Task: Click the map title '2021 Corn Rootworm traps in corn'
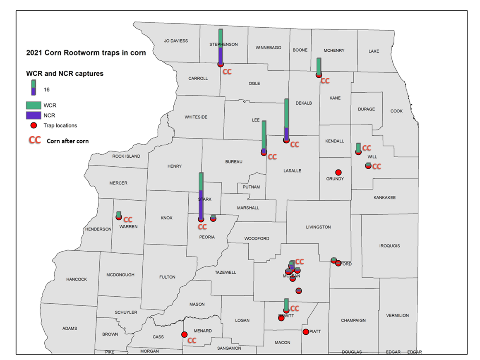click(86, 53)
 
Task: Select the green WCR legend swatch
click(34, 106)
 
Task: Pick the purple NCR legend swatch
click(34, 115)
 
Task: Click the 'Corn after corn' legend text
click(67, 141)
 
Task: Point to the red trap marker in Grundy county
click(338, 172)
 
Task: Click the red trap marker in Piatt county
click(306, 331)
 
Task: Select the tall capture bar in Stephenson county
click(221, 46)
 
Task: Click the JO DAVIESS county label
click(176, 41)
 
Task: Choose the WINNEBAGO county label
click(268, 48)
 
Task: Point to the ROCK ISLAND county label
click(126, 156)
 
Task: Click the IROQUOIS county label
click(390, 246)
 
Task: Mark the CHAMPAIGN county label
click(353, 320)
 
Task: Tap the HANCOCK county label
click(77, 279)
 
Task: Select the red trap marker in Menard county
click(185, 334)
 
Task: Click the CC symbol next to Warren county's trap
click(128, 219)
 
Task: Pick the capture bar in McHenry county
click(319, 66)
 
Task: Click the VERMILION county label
click(397, 315)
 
